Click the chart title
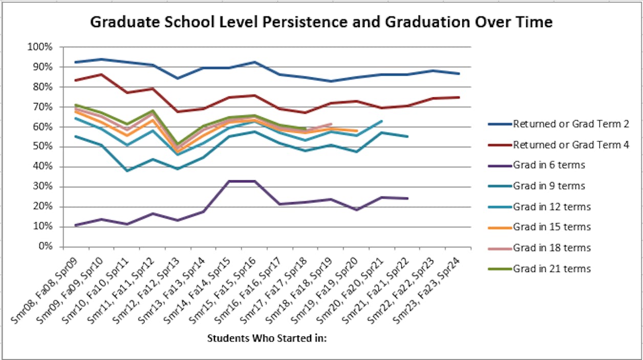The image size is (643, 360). click(321, 22)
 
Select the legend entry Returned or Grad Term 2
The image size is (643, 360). click(571, 124)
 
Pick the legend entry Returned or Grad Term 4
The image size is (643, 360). click(571, 145)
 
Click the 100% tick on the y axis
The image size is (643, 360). click(39, 47)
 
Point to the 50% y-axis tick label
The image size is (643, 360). click(41, 147)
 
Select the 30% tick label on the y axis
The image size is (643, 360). click(41, 186)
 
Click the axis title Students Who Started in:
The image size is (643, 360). click(267, 338)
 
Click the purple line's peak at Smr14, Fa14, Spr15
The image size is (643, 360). click(229, 181)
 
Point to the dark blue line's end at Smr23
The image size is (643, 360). click(459, 74)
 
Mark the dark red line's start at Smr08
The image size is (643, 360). click(75, 80)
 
